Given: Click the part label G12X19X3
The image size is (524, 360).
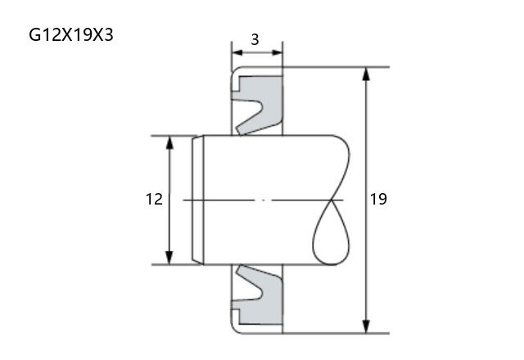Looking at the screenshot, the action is point(71,34).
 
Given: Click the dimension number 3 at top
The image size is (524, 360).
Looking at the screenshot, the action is point(255,40).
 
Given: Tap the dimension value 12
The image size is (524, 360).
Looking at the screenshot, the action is point(154,199).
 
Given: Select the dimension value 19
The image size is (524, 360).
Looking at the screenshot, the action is point(378,199).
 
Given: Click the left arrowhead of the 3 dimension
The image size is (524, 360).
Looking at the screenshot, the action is point(237,52).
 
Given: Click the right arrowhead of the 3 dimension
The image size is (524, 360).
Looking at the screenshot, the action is point(277,52).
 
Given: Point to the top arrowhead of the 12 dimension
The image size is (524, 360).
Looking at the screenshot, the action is point(169,142).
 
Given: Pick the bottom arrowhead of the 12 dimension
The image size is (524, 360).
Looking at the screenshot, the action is point(169,258).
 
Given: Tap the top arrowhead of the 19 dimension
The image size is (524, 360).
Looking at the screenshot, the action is point(366,74).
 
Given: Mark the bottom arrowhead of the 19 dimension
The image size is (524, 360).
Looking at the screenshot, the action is point(366,326).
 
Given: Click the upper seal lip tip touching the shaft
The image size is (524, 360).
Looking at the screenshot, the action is point(240,133).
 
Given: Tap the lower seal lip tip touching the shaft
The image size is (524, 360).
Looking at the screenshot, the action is point(240,267).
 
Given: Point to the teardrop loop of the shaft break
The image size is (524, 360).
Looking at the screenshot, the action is point(331,232).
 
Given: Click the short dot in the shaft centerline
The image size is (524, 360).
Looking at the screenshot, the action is point(263,200).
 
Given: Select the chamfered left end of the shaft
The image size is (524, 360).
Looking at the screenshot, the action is point(197,200).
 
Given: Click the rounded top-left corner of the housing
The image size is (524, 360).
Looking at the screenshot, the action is point(235,70).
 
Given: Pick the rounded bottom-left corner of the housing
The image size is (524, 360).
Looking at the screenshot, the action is point(235,329).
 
